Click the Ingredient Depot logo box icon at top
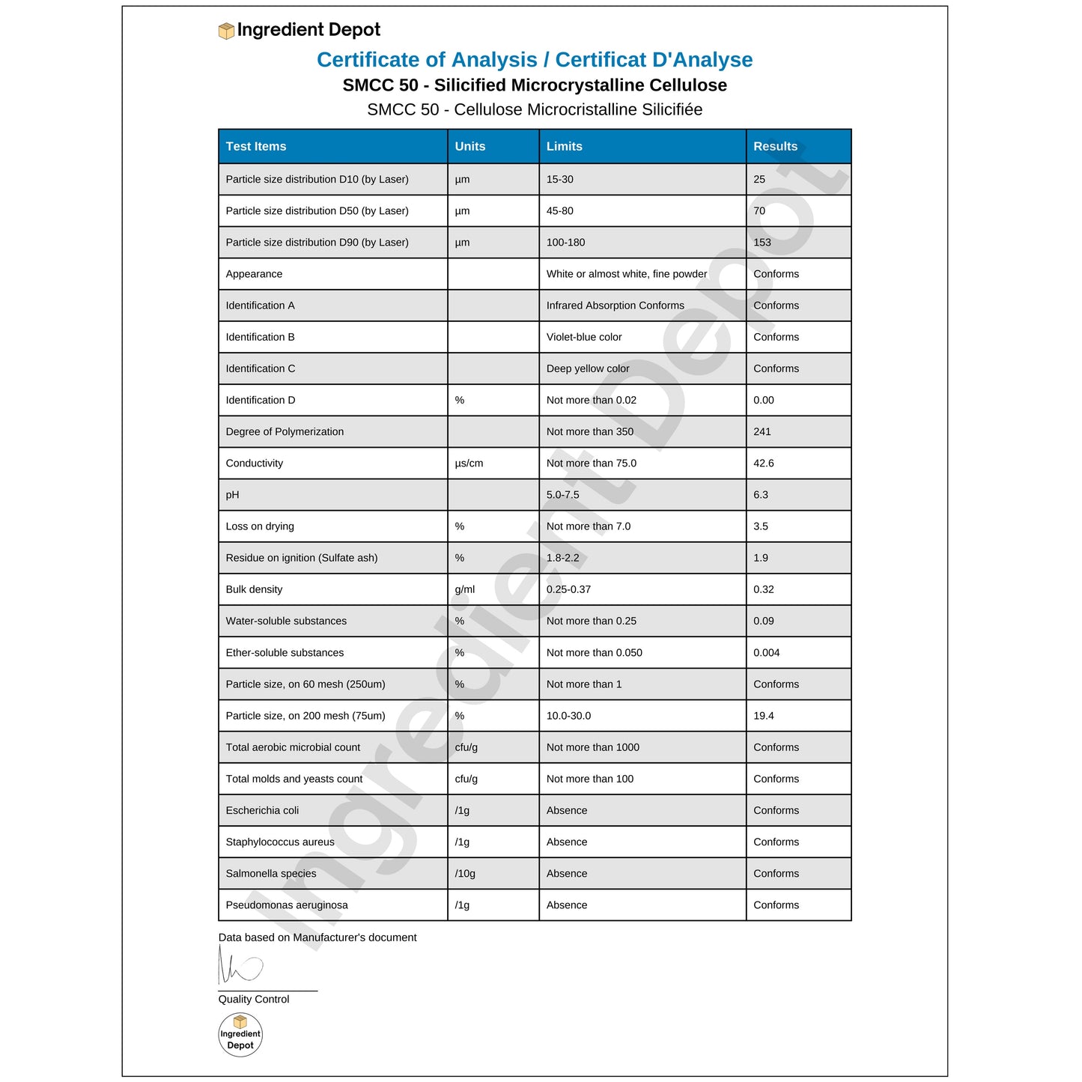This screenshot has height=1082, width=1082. coord(226,31)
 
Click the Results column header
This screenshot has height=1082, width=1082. coord(775,147)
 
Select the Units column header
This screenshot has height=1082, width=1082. coord(469,147)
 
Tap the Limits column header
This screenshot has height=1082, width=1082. coord(564,147)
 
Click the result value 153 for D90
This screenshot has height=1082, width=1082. coord(762,243)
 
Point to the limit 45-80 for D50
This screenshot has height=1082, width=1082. coord(559,211)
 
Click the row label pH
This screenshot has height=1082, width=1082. coord(232,495)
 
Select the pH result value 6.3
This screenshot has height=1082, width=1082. coord(760,495)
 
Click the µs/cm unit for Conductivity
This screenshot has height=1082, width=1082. coord(469,464)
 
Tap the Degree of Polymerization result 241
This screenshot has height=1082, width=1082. coord(762,432)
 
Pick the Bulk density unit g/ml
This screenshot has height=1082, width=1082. coord(464,589)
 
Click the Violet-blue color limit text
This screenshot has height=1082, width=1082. coord(583,337)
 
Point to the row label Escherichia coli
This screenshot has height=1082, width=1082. coord(262,810)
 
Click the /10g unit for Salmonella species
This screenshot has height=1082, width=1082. coord(464,874)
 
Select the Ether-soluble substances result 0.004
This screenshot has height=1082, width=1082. coord(766,653)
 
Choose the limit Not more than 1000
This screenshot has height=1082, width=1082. coord(592,747)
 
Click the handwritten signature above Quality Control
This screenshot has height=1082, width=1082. coord(239,966)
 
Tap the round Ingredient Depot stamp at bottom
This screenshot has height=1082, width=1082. coord(240,1035)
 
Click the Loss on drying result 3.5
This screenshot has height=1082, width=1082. coord(760,526)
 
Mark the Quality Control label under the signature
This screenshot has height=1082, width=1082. coord(253,1000)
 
